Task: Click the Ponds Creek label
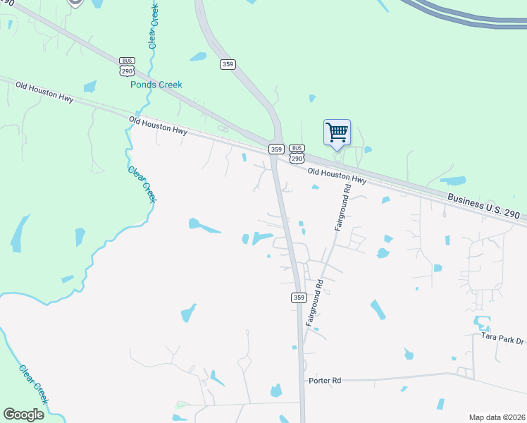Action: tap(156, 85)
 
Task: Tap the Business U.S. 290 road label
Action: tap(483, 204)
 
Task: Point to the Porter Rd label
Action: tap(325, 380)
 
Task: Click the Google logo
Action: tap(23, 415)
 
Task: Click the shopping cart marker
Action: tap(337, 132)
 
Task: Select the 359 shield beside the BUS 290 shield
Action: tap(276, 149)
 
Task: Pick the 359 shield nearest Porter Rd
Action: tap(298, 298)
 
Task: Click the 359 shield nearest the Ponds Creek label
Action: tap(228, 64)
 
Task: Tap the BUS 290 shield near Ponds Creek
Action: tap(128, 67)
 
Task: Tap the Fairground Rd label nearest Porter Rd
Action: tap(314, 301)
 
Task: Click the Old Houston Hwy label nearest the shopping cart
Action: tap(337, 176)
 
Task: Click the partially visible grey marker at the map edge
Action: tap(75, 3)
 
